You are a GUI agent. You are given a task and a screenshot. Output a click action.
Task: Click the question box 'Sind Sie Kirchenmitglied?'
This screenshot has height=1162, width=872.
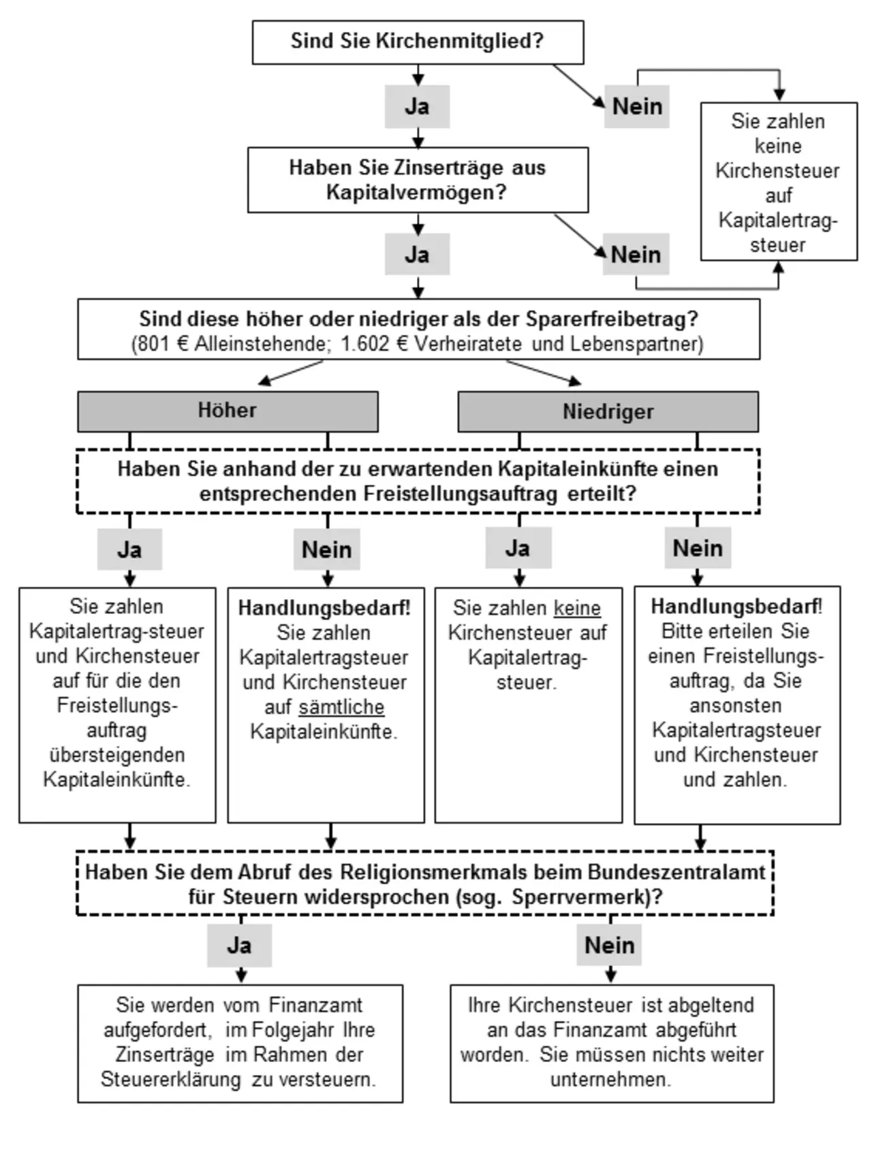418,42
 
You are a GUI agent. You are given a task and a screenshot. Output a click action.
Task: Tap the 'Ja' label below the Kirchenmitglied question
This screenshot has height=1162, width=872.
417,106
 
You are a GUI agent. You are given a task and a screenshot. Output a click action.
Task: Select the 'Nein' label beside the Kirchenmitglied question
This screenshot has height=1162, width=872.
637,106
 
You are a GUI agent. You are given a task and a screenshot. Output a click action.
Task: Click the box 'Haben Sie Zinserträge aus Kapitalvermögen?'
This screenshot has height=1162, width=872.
418,180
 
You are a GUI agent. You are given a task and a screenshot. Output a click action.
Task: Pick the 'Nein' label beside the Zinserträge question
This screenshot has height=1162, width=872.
636,255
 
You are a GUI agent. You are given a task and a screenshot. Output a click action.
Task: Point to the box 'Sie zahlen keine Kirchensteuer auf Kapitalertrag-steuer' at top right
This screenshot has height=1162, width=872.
779,182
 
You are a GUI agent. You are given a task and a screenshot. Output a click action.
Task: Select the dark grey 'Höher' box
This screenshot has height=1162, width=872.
228,411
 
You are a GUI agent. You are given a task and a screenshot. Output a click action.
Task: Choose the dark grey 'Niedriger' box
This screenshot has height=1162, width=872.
608,411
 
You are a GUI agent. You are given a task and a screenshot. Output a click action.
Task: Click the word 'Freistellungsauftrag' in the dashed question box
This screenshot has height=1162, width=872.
461,494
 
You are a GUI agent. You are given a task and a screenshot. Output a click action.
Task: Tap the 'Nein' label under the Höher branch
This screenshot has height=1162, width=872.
327,549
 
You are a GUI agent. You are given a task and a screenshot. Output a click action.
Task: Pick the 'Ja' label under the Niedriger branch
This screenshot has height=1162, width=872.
518,548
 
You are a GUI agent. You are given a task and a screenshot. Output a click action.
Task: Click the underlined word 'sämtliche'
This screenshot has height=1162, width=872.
341,707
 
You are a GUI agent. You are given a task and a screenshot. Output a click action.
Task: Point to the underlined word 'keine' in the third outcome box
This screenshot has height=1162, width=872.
577,608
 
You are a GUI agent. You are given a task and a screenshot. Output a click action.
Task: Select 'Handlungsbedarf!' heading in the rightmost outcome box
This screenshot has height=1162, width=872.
736,606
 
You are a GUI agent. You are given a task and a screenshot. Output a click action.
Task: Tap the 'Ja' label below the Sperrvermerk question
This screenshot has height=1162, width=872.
239,946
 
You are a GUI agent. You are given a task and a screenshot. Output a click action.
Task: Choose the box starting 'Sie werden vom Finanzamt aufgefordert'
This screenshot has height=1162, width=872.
240,1044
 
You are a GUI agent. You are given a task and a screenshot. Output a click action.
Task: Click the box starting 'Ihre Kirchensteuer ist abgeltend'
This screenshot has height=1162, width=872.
612,1044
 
